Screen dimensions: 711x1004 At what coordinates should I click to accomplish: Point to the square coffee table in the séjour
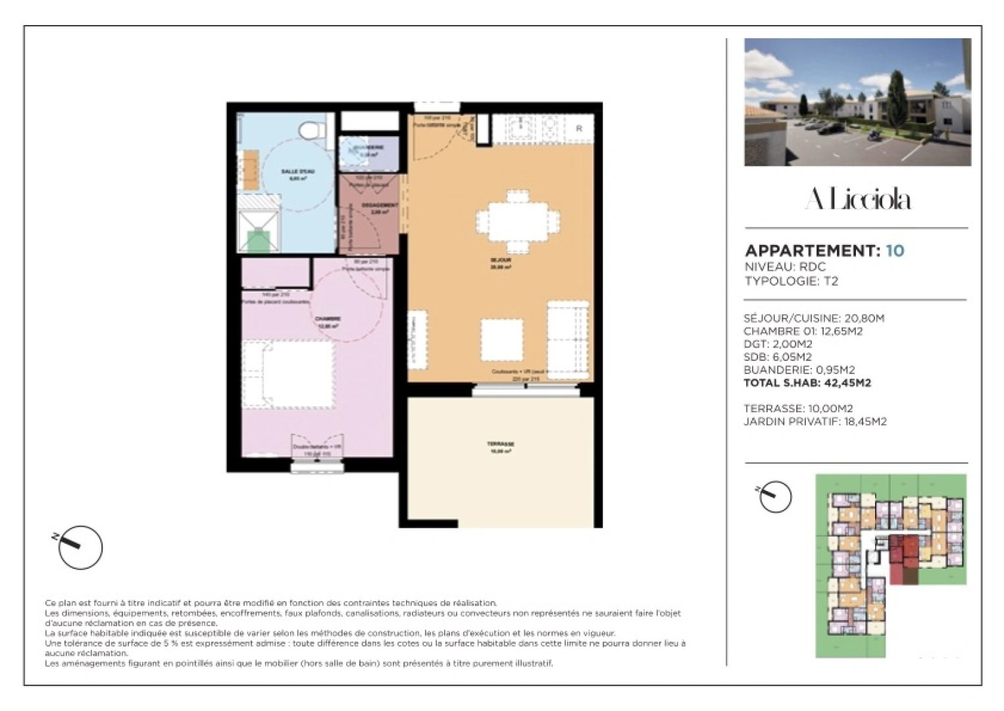pyautogui.click(x=502, y=338)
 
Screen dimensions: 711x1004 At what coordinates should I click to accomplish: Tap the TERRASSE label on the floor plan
pyautogui.click(x=501, y=444)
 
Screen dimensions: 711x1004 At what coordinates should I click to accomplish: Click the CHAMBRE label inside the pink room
pyautogui.click(x=328, y=319)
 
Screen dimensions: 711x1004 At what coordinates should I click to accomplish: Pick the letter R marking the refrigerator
pyautogui.click(x=579, y=129)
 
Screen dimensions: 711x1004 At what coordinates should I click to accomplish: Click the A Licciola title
pyautogui.click(x=857, y=199)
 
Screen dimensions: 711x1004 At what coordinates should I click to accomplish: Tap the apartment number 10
pyautogui.click(x=895, y=251)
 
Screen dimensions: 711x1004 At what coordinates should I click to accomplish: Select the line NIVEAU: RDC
pyautogui.click(x=784, y=267)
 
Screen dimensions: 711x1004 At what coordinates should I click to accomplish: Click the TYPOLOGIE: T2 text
pyautogui.click(x=791, y=281)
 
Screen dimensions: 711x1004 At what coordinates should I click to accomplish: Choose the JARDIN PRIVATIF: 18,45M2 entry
pyautogui.click(x=815, y=421)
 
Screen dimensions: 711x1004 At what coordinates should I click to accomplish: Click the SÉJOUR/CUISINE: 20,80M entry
pyautogui.click(x=813, y=318)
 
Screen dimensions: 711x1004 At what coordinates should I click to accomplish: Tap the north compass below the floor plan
pyautogui.click(x=80, y=546)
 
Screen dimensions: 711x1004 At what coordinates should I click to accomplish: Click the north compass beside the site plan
pyautogui.click(x=774, y=496)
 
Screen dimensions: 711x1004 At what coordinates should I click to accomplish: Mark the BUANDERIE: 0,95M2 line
pyautogui.click(x=799, y=370)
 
